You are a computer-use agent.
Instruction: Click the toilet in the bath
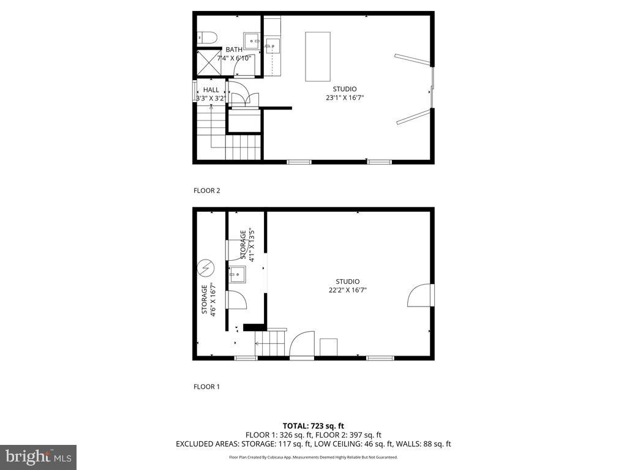coord(206,38)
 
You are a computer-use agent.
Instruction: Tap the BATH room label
coord(234,50)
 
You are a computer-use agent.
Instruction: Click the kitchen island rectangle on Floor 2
coord(318,56)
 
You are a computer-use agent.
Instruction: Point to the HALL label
coord(211,90)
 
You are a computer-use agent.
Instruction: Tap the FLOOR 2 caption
coord(206,190)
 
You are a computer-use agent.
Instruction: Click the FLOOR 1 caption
coord(206,387)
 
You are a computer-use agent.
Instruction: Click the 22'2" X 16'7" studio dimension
coord(347,291)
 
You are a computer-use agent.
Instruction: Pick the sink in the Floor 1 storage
coord(238,274)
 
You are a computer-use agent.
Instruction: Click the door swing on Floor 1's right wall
coord(419,295)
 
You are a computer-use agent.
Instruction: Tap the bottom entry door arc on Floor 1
coord(302,344)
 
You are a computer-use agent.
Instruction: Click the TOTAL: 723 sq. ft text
coord(313,425)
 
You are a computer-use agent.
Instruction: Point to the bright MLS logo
coord(38,457)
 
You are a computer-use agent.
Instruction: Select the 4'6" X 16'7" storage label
coord(209,299)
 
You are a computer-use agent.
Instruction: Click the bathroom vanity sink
coord(252,41)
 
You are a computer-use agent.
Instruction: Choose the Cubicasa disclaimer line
coord(313,457)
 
